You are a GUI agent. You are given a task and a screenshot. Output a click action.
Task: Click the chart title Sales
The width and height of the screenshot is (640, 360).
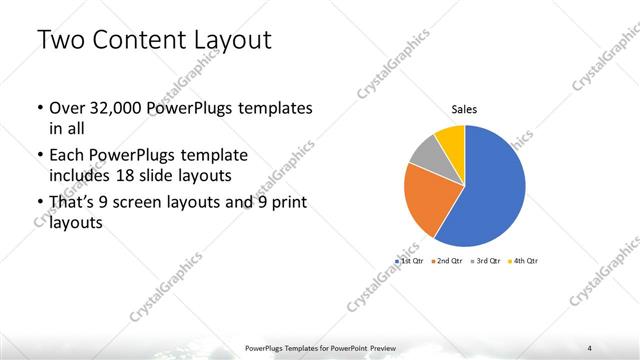pos(463,109)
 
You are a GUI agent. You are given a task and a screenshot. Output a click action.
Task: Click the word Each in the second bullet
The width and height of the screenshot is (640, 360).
pos(66,157)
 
